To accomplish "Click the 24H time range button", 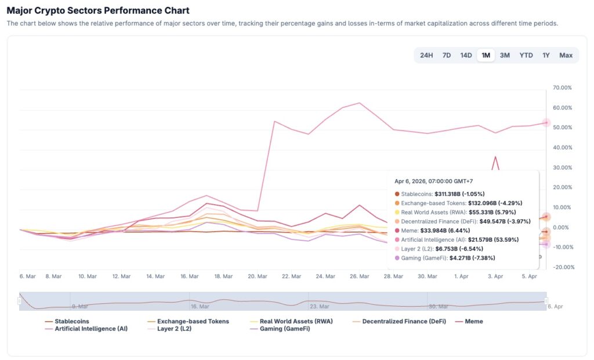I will pyautogui.click(x=426, y=55).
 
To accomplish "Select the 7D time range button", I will pyautogui.click(x=447, y=55).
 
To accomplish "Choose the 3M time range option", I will pyautogui.click(x=505, y=55).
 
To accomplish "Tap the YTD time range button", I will pyautogui.click(x=526, y=55).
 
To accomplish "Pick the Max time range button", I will pyautogui.click(x=566, y=55).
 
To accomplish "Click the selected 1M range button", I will pyautogui.click(x=486, y=55).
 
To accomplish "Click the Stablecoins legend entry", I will pyautogui.click(x=71, y=321).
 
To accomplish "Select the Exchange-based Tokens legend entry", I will pyautogui.click(x=193, y=321).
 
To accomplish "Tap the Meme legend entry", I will pyautogui.click(x=473, y=321).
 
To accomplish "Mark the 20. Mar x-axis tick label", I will pyautogui.click(x=257, y=277).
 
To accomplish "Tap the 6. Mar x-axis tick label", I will pyautogui.click(x=28, y=277).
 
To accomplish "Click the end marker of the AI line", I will pyautogui.click(x=546, y=123).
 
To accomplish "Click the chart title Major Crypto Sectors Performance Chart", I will pyautogui.click(x=98, y=10).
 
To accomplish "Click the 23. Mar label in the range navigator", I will pyautogui.click(x=320, y=306).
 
